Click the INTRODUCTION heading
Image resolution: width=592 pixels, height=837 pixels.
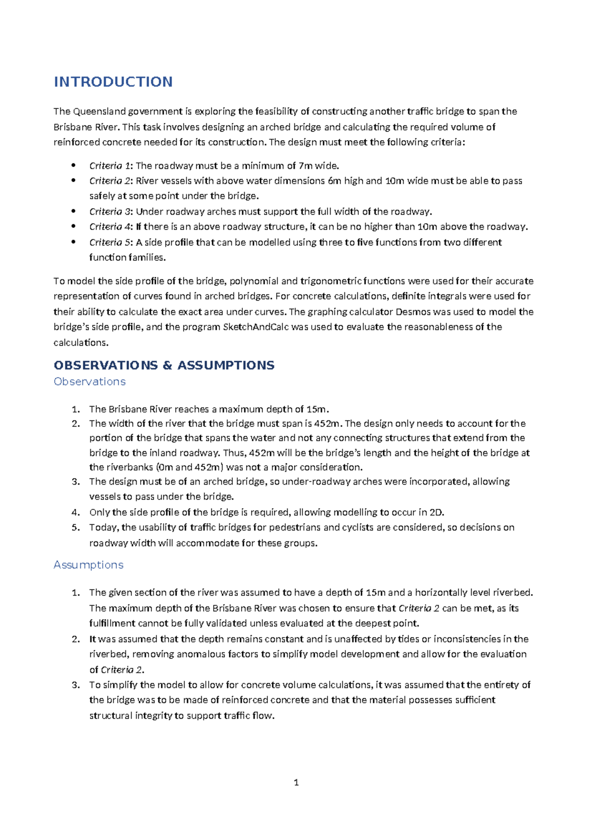(x=113, y=82)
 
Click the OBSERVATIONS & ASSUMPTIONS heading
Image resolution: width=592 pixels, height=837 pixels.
(x=164, y=365)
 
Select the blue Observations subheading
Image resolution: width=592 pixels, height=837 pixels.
(x=89, y=381)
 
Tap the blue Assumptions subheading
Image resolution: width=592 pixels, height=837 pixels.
(x=88, y=565)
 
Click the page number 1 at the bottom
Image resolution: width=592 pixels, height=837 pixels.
(x=296, y=782)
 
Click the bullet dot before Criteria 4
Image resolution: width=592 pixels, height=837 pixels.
(x=74, y=227)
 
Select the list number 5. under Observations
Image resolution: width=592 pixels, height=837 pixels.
(x=75, y=528)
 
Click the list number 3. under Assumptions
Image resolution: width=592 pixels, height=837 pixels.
(x=75, y=685)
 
